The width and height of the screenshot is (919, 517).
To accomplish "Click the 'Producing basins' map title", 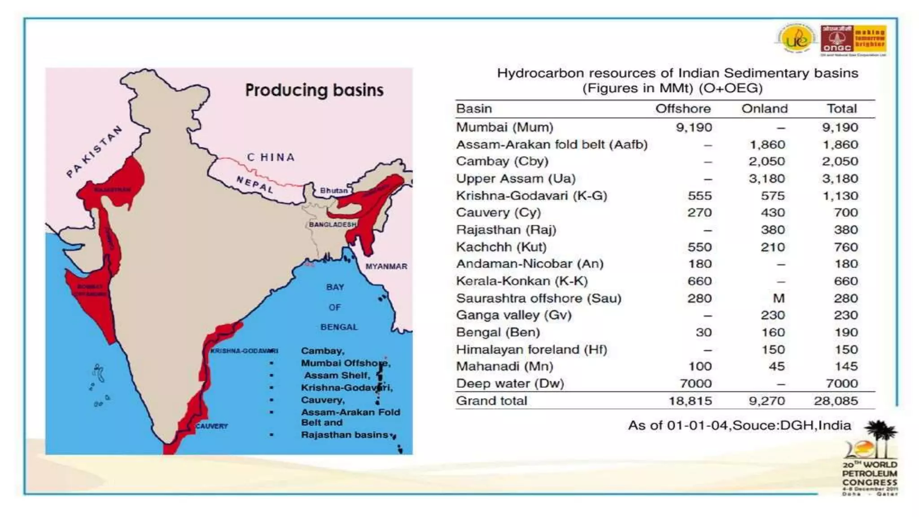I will point(314,90).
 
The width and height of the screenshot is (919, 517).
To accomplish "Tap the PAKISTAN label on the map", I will point(95,151).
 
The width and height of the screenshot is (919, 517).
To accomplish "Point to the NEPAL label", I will point(255,184).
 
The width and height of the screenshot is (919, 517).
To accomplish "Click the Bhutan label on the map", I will point(333,190).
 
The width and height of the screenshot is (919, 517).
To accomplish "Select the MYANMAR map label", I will point(386,266).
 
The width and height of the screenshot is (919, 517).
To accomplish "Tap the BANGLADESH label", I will point(333,224).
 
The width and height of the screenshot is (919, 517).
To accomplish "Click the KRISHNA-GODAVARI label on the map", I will point(244,351).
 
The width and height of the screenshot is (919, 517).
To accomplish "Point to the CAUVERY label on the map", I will point(211,426).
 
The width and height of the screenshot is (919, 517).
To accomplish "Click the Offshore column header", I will point(683,109).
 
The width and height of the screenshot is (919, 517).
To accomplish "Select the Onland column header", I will point(764,109).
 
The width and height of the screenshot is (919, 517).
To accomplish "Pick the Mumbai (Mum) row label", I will point(504,127).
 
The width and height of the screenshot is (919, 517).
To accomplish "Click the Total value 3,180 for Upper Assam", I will point(840,179).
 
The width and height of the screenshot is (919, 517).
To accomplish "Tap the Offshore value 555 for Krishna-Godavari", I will point(700,196).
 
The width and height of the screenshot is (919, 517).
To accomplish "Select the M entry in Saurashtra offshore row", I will point(779,298).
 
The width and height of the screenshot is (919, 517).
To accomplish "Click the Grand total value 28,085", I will point(836,401).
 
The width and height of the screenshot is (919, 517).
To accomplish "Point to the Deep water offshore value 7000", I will point(696,384).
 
